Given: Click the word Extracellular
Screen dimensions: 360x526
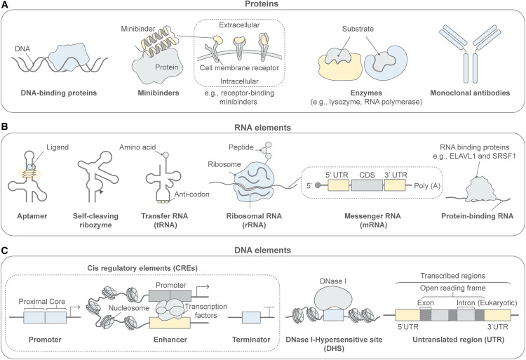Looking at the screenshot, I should [x=250, y=26].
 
